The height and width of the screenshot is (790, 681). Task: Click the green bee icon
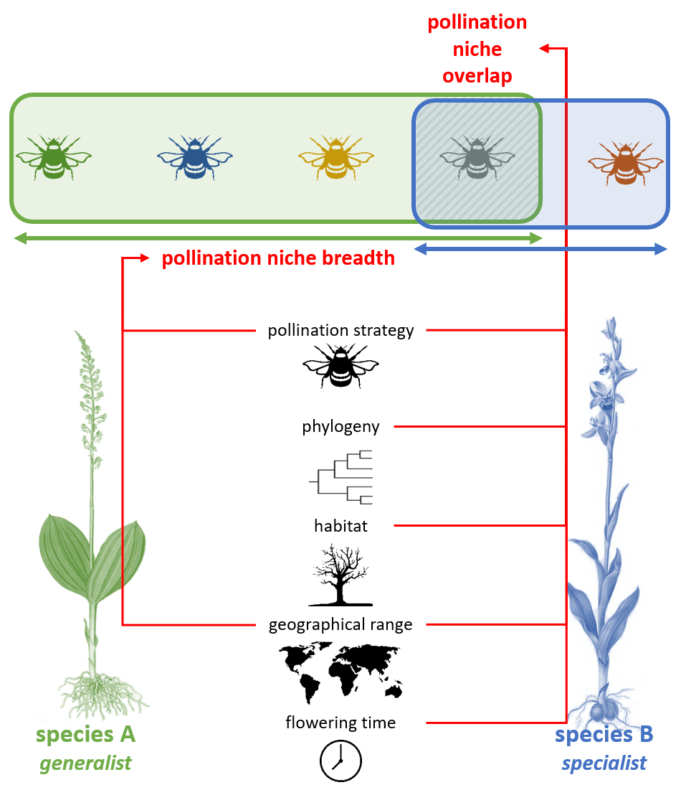click(x=53, y=156)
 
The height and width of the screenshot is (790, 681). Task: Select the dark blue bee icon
click(x=194, y=156)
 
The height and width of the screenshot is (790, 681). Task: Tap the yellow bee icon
click(x=335, y=156)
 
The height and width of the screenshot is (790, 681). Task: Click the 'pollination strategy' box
click(x=340, y=330)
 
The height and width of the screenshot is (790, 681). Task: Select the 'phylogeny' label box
click(x=340, y=426)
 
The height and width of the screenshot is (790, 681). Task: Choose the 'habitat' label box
click(x=340, y=525)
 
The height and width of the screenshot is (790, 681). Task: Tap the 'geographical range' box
click(x=340, y=624)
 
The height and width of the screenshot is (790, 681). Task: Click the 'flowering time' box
click(x=340, y=723)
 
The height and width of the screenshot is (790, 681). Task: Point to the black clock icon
click(x=340, y=760)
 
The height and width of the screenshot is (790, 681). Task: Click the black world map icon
click(x=340, y=670)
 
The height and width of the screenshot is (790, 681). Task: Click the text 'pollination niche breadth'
click(x=278, y=258)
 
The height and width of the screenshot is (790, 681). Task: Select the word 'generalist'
click(x=85, y=763)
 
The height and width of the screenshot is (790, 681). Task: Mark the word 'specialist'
click(x=604, y=763)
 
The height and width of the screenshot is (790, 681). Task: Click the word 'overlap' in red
click(x=477, y=76)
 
